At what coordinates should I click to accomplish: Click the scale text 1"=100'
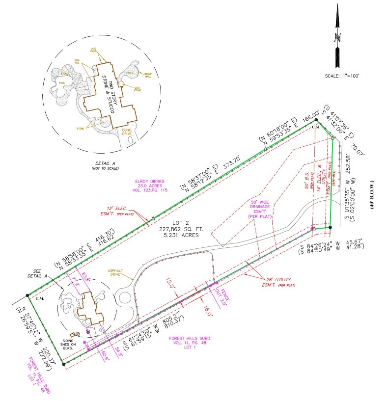(x=342, y=76)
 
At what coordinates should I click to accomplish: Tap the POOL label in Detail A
(x=62, y=83)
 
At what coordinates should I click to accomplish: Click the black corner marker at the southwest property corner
(x=63, y=364)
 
